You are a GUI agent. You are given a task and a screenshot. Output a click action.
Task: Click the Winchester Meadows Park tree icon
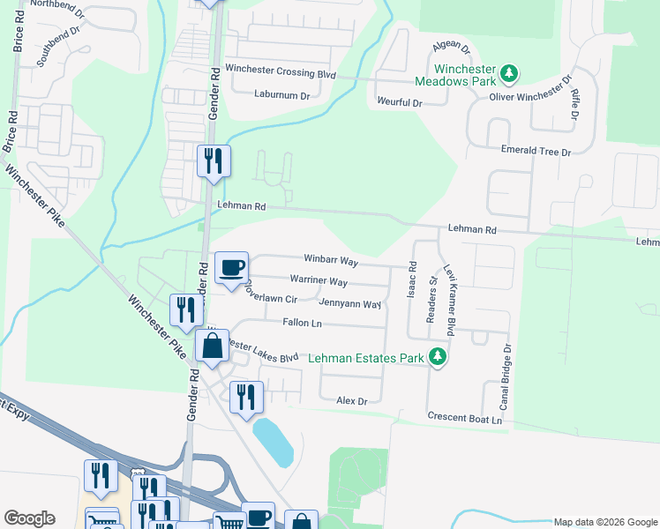[x=508, y=72]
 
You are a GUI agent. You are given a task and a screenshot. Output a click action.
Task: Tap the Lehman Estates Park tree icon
[x=436, y=357]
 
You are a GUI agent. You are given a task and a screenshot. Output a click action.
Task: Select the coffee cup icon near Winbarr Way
[x=232, y=267]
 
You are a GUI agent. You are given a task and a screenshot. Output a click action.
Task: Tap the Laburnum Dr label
[x=282, y=94]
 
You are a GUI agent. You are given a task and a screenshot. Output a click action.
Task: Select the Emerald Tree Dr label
[x=536, y=152]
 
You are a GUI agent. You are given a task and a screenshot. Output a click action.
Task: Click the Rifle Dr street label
[x=574, y=103]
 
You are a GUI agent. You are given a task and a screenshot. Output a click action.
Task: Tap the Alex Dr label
[x=351, y=401]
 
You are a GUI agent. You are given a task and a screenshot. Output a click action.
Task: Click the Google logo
[x=29, y=518]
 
